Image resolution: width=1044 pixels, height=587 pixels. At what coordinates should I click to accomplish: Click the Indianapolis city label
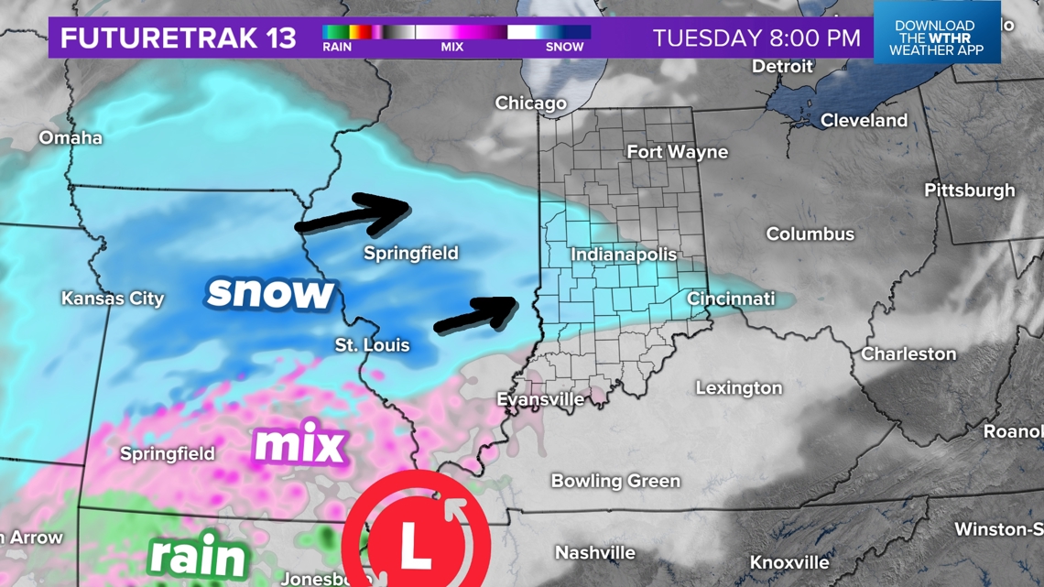(624, 255)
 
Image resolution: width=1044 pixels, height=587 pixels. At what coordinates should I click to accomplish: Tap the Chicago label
(530, 103)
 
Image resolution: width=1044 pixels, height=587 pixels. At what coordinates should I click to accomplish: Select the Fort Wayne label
(677, 152)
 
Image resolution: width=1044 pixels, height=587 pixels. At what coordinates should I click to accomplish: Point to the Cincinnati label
(731, 299)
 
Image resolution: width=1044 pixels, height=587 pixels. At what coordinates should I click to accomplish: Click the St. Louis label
(372, 345)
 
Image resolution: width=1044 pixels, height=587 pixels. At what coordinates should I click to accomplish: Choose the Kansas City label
(113, 299)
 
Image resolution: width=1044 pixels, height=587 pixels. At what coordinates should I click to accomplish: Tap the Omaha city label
(71, 138)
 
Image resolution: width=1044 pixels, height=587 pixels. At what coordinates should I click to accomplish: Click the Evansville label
(540, 399)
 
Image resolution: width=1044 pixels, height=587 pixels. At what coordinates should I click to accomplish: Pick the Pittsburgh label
(969, 190)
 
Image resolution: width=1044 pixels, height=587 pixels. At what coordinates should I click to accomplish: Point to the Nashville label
(595, 552)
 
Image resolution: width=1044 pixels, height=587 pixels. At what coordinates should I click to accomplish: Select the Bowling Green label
(615, 481)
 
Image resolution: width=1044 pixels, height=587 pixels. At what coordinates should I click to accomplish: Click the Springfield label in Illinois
(411, 253)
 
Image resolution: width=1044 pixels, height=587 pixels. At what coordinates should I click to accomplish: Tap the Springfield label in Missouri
(168, 453)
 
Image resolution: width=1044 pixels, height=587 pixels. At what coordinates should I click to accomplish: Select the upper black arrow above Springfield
(353, 214)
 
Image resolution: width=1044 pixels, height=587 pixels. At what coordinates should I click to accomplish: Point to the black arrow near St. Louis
(476, 313)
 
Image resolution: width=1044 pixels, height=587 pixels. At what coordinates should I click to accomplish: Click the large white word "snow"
(270, 292)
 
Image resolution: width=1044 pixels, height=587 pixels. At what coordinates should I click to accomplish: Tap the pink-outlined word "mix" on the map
(299, 445)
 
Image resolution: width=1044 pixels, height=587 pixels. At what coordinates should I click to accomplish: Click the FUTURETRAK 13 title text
(179, 38)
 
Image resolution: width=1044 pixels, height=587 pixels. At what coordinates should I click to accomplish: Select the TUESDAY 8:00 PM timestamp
(756, 38)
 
